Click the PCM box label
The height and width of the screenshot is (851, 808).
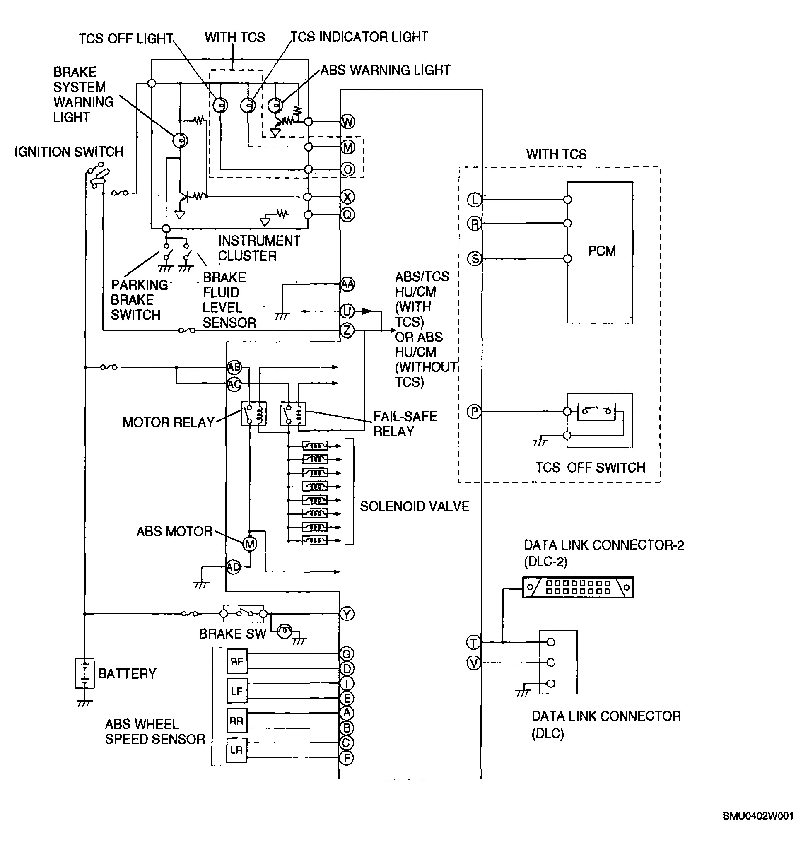(602, 251)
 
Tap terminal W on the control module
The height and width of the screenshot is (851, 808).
(347, 121)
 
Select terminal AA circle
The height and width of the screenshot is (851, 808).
(347, 284)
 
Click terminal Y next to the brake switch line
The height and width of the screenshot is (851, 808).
(347, 614)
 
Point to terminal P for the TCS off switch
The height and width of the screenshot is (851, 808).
(474, 412)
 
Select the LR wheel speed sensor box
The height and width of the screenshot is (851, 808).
(236, 750)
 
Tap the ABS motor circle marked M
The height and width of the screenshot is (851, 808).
(250, 544)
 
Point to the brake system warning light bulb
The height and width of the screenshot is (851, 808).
(180, 140)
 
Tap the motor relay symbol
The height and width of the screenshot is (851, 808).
(253, 414)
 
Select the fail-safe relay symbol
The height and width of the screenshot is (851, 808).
(293, 414)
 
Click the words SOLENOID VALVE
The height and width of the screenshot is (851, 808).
(414, 506)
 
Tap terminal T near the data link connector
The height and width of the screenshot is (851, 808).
(474, 643)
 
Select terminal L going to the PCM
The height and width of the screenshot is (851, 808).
(474, 200)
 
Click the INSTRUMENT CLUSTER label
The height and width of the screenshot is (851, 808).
(259, 248)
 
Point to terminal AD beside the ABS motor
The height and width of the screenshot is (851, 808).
(234, 567)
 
